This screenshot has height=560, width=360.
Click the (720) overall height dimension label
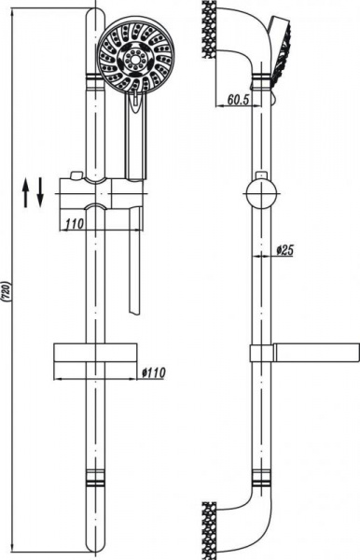pos(8,292)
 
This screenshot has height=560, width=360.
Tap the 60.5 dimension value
pos(238,100)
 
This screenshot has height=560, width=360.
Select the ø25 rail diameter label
pos(284,250)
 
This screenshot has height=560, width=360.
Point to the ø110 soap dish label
pos(153,372)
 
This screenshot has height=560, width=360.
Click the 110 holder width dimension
pos(75,224)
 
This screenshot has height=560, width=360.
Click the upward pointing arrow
pos(26,193)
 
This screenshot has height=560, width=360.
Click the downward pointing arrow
pos(39,192)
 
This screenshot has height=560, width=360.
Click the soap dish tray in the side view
pos(316,353)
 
